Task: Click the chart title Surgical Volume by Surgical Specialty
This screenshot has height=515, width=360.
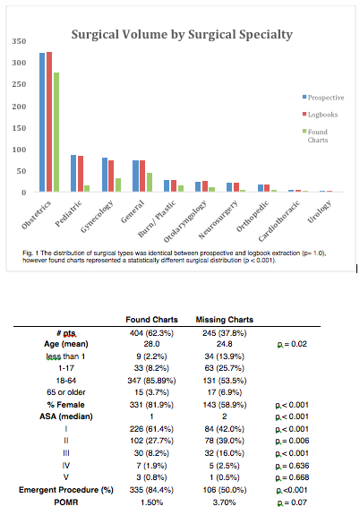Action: (x=182, y=35)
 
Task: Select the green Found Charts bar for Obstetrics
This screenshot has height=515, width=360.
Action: (x=56, y=132)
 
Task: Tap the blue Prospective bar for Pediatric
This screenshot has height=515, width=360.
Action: (x=73, y=174)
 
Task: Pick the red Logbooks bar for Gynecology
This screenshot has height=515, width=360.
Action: (x=111, y=176)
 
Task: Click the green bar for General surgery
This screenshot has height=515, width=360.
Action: (x=150, y=183)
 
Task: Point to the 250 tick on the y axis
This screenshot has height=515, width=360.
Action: (x=19, y=84)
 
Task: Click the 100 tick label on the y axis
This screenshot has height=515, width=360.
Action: (x=19, y=150)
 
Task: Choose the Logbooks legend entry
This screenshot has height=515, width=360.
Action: (x=321, y=115)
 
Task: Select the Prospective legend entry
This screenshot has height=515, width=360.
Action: (x=323, y=98)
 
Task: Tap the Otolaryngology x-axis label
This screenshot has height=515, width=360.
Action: (x=185, y=222)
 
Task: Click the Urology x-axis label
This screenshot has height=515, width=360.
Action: (x=320, y=212)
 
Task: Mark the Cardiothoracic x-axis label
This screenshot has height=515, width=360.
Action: (x=279, y=220)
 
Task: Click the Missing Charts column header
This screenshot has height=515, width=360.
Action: (x=225, y=320)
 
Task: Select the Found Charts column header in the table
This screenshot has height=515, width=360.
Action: (x=151, y=320)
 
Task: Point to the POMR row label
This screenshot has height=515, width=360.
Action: (x=66, y=502)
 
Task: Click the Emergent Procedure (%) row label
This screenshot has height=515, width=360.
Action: (x=66, y=490)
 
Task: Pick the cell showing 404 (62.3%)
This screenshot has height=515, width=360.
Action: (x=151, y=333)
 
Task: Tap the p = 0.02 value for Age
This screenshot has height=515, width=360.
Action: (x=292, y=344)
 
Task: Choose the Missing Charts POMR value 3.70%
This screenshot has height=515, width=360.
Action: (x=225, y=502)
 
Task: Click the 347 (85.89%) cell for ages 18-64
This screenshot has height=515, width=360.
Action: (x=151, y=381)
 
